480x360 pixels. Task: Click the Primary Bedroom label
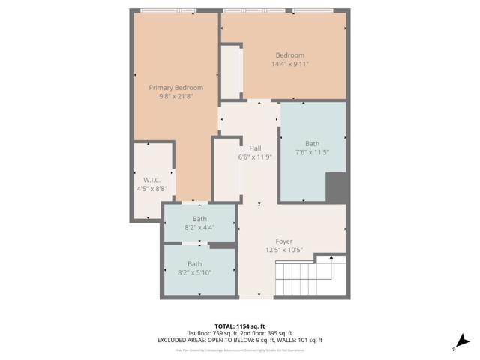[175, 88]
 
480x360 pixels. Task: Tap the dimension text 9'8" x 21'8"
[175, 97]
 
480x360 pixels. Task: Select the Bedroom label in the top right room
[289, 55]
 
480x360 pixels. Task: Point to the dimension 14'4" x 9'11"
[289, 64]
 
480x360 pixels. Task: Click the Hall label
[255, 148]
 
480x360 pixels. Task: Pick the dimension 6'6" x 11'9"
[255, 157]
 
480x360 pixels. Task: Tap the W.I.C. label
[153, 180]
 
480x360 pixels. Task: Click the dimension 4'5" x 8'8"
[153, 189]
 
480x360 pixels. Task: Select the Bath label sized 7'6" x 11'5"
[312, 144]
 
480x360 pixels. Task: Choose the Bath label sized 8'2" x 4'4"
[199, 219]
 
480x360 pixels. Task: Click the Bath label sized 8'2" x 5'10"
[194, 263]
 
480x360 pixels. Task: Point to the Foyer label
[283, 241]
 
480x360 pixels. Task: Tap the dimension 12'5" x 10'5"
[283, 250]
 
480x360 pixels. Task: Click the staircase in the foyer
[307, 277]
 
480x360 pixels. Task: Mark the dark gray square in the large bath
[337, 187]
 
